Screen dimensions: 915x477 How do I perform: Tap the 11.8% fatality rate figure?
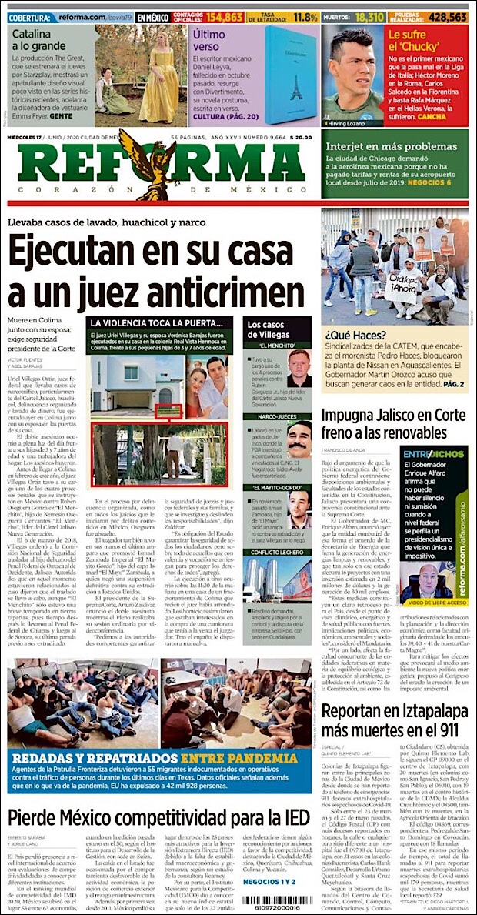point(305,16)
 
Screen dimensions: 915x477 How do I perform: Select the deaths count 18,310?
point(369,16)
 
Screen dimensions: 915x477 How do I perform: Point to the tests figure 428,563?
point(448,16)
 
